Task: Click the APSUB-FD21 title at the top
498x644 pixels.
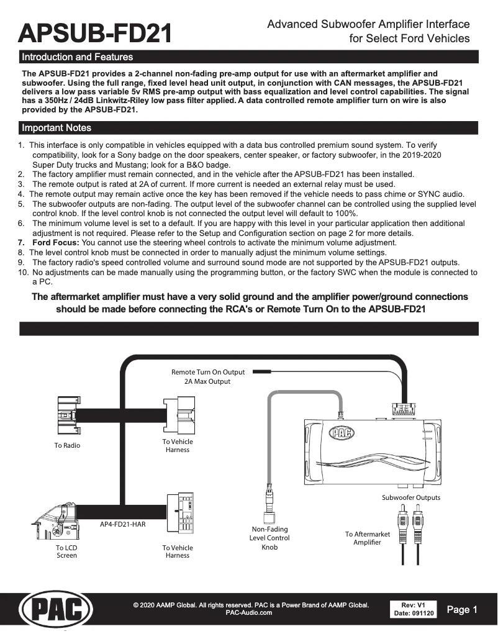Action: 95,32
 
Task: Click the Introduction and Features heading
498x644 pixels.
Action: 77,57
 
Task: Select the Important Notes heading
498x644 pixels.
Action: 57,128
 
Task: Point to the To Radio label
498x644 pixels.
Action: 67,445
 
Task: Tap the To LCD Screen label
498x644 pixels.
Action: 67,551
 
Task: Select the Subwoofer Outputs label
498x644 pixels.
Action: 410,497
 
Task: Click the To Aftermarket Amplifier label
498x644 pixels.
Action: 367,538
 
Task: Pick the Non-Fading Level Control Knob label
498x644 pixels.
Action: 269,538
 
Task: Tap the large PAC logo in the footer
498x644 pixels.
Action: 56,609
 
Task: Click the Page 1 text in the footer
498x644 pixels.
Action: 461,610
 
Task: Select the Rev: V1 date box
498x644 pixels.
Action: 414,609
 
